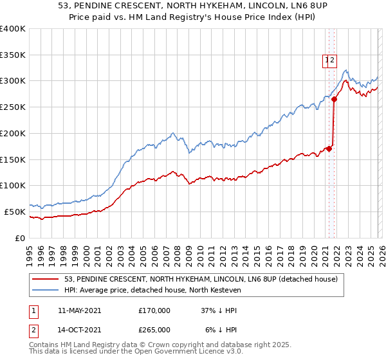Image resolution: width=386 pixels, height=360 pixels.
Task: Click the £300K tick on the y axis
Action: [13, 81]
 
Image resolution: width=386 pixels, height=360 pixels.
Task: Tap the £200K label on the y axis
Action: [13, 133]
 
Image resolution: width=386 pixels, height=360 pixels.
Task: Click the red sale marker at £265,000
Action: [335, 99]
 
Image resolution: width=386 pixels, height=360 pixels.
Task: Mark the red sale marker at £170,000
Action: [329, 148]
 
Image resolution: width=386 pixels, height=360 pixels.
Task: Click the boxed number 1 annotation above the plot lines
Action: [327, 60]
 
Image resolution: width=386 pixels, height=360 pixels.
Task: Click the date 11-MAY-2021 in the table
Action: [79, 310]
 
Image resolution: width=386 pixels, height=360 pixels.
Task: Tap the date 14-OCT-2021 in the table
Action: [79, 329]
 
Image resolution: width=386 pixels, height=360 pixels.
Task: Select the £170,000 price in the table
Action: [154, 310]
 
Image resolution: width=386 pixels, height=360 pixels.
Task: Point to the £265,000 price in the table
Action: [154, 329]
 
